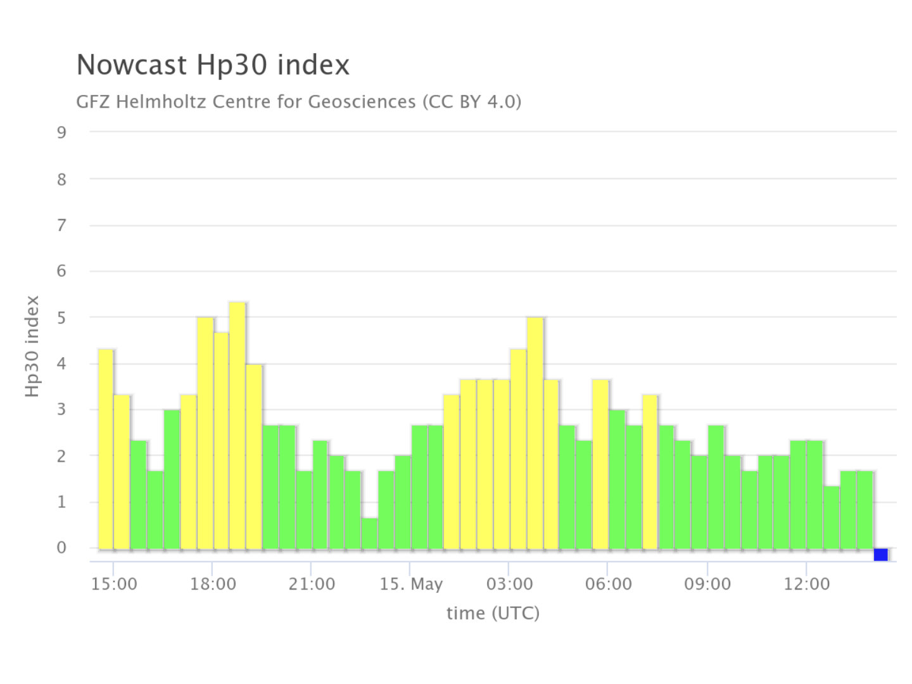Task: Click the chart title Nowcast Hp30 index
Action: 213,65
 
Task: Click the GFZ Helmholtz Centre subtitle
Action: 298,101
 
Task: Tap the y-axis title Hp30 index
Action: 32,346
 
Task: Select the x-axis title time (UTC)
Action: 493,613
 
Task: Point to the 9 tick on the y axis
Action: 61,132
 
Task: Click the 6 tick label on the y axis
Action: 61,271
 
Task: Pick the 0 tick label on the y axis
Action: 61,548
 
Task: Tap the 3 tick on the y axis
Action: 61,409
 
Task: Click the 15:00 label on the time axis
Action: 114,584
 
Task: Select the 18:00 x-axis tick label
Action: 213,584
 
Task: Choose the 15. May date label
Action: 411,584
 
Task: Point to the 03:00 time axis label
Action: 509,584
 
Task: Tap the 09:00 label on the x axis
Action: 707,584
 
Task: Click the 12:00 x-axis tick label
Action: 806,584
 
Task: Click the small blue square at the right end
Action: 880,555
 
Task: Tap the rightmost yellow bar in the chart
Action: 650,472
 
